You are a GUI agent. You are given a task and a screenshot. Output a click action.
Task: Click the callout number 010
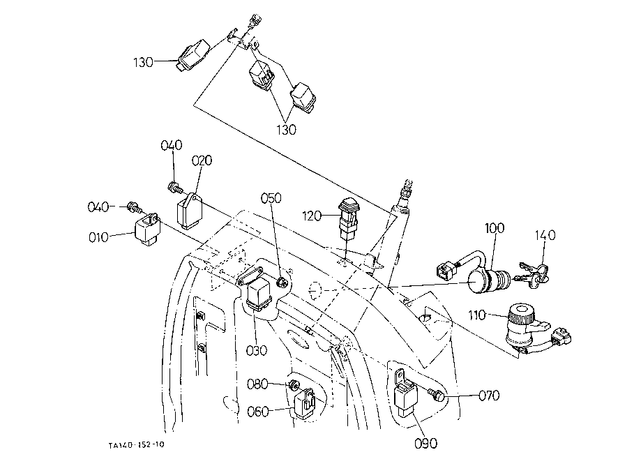tap(98, 237)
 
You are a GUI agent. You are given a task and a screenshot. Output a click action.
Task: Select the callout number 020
tap(202, 160)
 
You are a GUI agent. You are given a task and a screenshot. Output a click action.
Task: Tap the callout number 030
tap(257, 350)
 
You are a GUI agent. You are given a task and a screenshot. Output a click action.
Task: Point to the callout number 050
tap(271, 198)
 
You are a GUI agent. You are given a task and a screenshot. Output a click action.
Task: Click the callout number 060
tap(258, 411)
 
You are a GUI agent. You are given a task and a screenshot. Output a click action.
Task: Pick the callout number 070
tap(489, 396)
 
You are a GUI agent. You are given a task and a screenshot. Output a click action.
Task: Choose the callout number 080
tap(257, 384)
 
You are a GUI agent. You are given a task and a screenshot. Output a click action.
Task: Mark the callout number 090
tap(426, 443)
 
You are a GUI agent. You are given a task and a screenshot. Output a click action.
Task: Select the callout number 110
tap(477, 315)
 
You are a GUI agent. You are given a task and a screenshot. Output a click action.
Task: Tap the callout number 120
tap(312, 216)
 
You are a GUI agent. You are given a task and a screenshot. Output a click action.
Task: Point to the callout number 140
tap(545, 235)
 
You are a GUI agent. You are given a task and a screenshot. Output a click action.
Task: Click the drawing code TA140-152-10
tap(137, 445)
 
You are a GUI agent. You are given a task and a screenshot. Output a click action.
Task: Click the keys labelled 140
tap(531, 274)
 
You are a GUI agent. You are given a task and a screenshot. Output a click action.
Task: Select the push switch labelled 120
tap(347, 220)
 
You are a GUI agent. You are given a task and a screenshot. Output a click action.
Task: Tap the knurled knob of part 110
tap(520, 314)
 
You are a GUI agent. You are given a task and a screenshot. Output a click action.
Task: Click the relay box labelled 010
tap(148, 230)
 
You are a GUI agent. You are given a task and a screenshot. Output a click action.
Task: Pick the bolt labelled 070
tap(436, 394)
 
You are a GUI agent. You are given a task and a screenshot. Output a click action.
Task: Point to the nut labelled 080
tap(293, 385)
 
